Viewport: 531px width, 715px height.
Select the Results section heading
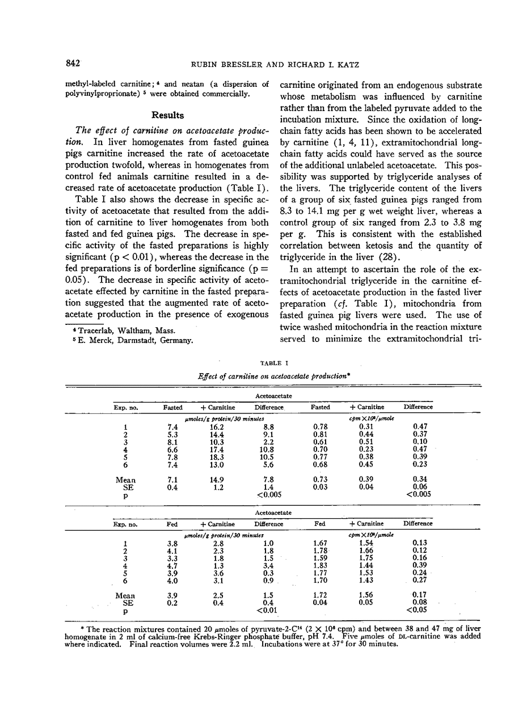pyautogui.click(x=166, y=115)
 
